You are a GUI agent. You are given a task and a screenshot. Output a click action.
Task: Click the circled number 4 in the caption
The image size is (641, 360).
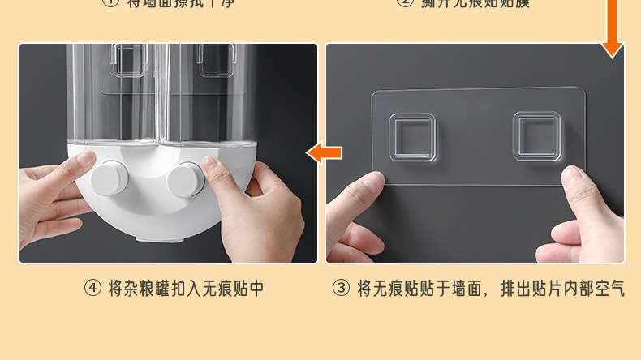[x=93, y=288]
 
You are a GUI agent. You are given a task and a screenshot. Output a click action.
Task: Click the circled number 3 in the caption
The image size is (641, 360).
[x=342, y=288]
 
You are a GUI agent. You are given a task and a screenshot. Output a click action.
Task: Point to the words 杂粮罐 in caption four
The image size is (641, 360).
[x=143, y=288]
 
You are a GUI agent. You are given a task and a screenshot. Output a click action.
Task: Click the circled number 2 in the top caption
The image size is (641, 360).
[x=405, y=2]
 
